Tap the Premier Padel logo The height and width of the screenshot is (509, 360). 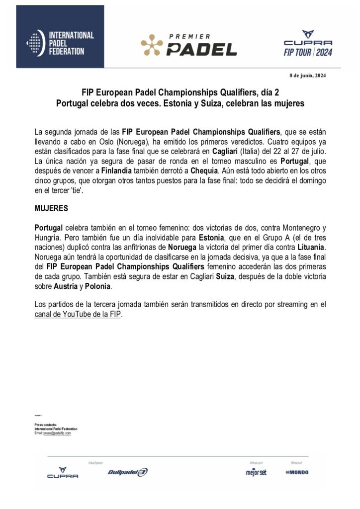coord(189,45)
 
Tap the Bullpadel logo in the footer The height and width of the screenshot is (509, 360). coord(127,472)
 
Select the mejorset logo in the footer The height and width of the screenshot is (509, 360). coord(256,472)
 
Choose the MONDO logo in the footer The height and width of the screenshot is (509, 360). coord(297,472)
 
